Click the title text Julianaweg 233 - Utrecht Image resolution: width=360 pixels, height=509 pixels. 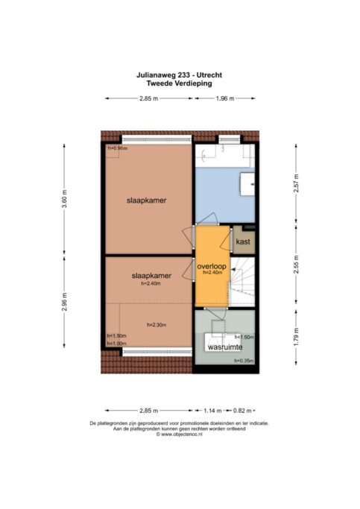[x=179, y=75]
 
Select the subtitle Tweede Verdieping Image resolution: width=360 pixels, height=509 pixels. [x=179, y=83]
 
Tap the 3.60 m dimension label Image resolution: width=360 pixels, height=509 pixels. [x=64, y=198]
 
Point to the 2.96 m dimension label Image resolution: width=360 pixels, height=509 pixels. [x=64, y=302]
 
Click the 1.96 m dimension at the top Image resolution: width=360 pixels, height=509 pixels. [x=225, y=98]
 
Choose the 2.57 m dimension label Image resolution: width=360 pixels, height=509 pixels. [x=296, y=183]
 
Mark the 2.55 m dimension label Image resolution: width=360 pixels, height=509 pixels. [x=296, y=265]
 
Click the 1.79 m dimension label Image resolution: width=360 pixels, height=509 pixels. [x=296, y=338]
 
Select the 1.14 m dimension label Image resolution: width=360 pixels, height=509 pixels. [x=212, y=411]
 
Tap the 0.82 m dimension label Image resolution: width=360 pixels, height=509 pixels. [x=242, y=411]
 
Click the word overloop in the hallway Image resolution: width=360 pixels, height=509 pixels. [x=212, y=267]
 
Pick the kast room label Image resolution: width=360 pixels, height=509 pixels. [x=243, y=241]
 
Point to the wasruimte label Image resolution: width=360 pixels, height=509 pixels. [x=225, y=347]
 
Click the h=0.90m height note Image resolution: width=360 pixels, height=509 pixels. [x=118, y=148]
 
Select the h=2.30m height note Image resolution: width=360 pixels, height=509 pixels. [x=157, y=325]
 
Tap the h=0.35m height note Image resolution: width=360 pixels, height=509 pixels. [x=244, y=361]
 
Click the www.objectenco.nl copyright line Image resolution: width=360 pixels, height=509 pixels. [x=179, y=434]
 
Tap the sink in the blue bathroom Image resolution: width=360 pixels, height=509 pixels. [x=247, y=184]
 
